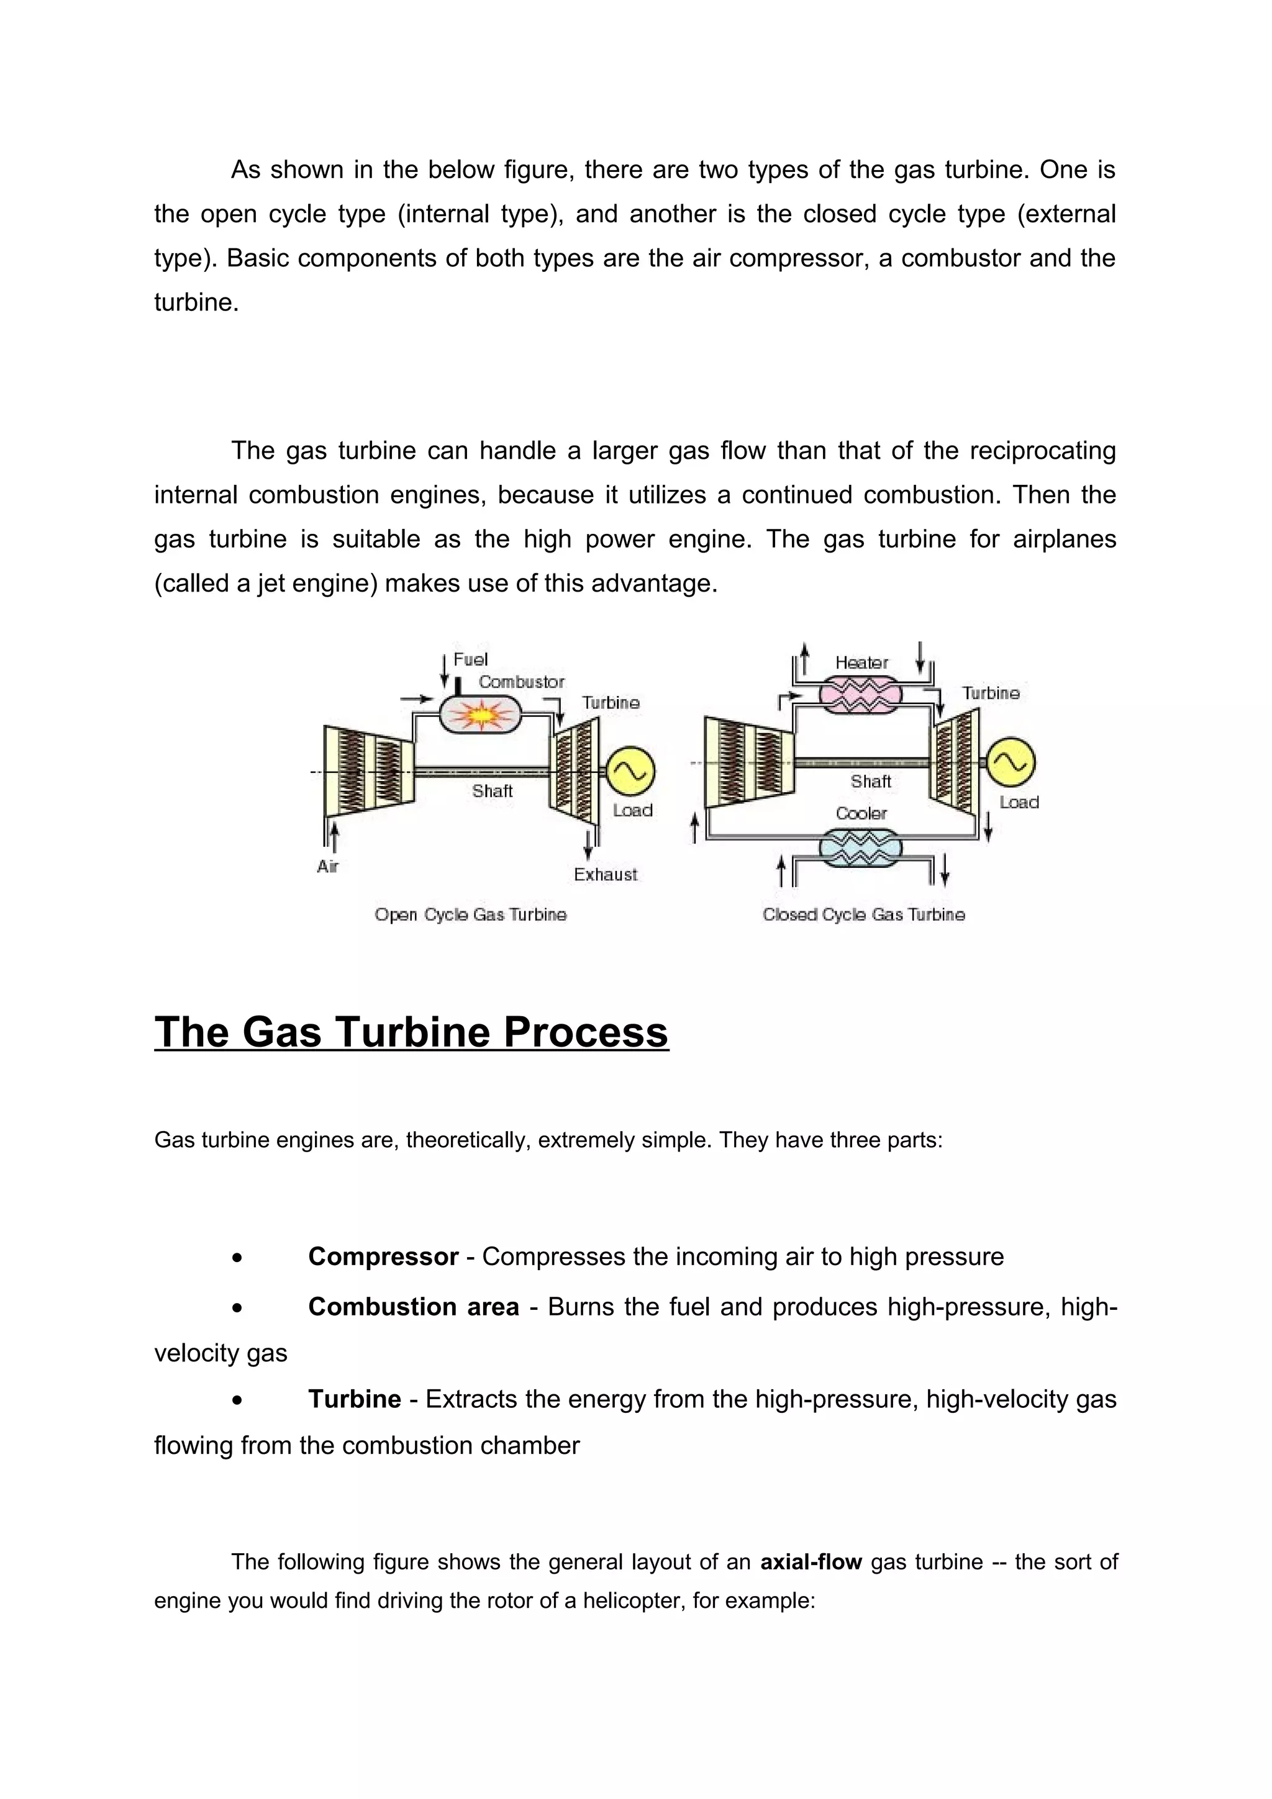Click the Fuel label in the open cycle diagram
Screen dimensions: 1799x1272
point(470,660)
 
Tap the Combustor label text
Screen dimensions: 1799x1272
point(521,682)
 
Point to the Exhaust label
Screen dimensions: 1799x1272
point(605,875)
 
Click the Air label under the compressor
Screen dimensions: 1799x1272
point(327,866)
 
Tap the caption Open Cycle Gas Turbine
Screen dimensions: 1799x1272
point(470,914)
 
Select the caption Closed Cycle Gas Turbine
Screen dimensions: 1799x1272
point(864,914)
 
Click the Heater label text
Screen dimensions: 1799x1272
point(861,663)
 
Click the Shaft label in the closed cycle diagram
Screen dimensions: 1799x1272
point(871,781)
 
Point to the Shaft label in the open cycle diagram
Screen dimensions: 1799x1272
point(492,791)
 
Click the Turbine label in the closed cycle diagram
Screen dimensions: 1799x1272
point(991,693)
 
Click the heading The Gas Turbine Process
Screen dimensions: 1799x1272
point(411,1032)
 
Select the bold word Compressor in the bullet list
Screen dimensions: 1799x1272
point(383,1257)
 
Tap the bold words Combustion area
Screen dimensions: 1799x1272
point(414,1307)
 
